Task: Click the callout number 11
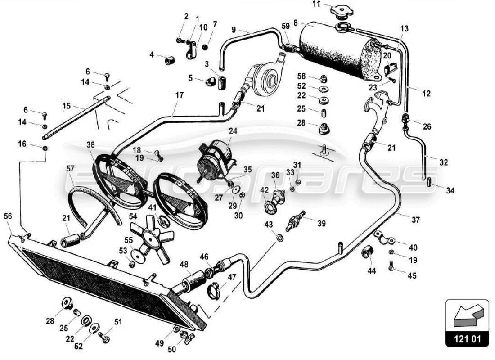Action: click(x=317, y=4)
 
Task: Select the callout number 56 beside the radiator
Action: click(x=9, y=216)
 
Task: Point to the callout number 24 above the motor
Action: click(x=233, y=132)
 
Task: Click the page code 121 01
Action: click(x=467, y=338)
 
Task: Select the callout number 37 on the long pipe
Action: click(x=415, y=220)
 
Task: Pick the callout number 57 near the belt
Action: click(x=70, y=169)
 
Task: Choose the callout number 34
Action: click(x=450, y=191)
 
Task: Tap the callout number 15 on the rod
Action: click(x=67, y=106)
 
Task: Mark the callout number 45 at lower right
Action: click(x=412, y=276)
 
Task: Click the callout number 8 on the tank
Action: click(x=296, y=22)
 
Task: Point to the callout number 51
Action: click(x=118, y=322)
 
